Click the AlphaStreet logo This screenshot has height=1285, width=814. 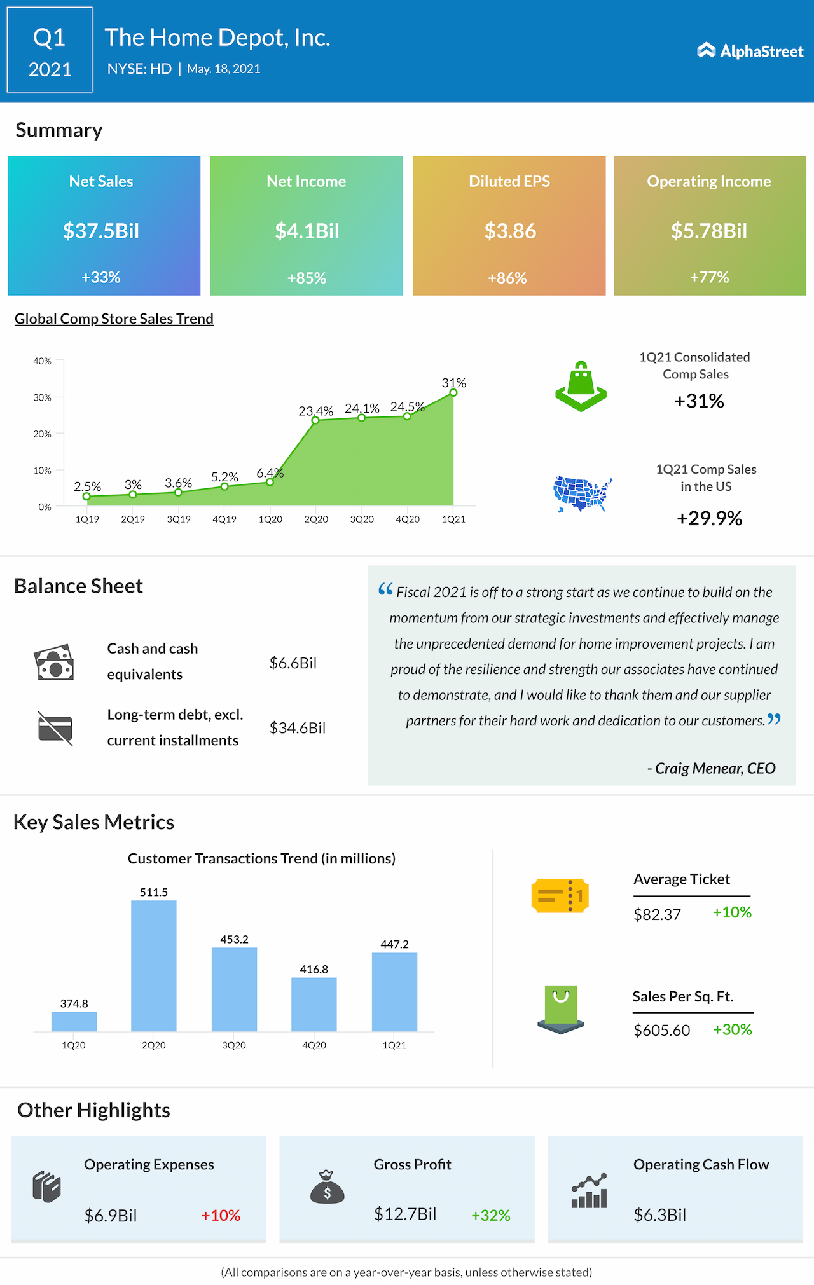750,51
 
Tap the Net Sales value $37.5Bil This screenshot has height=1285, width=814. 101,231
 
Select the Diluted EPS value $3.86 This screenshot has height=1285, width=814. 510,231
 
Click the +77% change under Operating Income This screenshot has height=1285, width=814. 709,277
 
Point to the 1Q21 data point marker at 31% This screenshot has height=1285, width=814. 453,392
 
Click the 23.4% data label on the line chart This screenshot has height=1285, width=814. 315,411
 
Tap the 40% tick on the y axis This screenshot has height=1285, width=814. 43,361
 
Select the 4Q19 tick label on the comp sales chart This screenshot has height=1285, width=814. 224,519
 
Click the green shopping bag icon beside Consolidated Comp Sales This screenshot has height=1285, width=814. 581,387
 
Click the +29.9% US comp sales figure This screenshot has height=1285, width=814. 709,518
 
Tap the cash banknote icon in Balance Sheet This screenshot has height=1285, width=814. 54,663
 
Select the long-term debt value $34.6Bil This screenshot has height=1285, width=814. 297,728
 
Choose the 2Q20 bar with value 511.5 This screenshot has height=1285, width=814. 154,965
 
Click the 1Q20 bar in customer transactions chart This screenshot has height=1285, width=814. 74,1021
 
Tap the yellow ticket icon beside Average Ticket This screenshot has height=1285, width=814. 560,895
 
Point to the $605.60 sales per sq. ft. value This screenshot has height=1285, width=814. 661,1030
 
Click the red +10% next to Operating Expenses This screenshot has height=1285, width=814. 221,1215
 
